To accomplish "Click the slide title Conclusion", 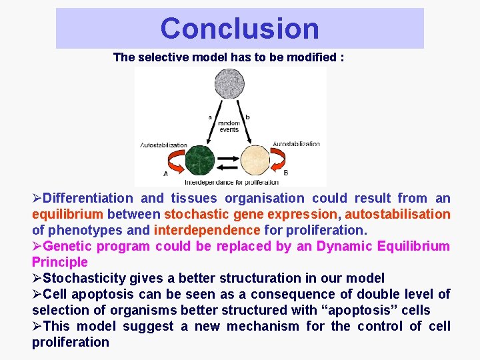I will coord(239,28).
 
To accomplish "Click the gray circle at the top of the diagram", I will coord(231,85).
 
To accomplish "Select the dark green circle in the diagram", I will coord(199,160).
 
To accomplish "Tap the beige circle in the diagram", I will coord(257,160).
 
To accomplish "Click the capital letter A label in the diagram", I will coord(165,174).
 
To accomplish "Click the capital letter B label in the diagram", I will coord(286,173).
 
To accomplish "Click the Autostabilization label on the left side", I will coord(164,145).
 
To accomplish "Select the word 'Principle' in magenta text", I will coord(60,262).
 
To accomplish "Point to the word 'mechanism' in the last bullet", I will coord(266,326).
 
